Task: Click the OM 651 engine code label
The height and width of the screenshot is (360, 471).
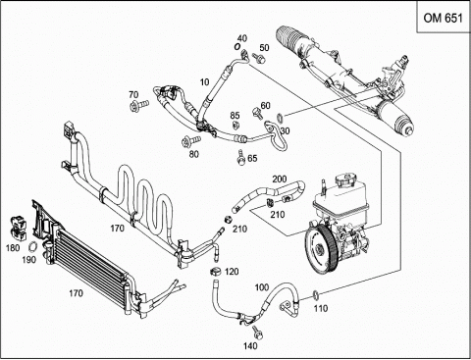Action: pos(444,18)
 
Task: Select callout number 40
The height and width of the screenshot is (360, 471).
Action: pos(242,38)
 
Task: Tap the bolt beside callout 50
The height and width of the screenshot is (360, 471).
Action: pos(259,58)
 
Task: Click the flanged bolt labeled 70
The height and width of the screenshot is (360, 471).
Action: pos(139,105)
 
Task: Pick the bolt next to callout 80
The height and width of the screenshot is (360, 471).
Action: pos(191,141)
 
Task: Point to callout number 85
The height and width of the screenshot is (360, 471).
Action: pos(235,116)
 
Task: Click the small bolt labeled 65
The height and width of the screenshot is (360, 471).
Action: pos(241,158)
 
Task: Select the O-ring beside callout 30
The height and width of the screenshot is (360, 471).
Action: pos(281,117)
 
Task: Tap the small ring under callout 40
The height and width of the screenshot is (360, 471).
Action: pos(237,47)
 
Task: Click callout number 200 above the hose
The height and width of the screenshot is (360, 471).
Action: pos(280,180)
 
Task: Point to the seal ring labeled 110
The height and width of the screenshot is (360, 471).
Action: pos(316,294)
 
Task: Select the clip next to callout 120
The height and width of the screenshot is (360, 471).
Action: pos(215,271)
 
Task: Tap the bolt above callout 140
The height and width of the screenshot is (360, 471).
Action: pos(258,333)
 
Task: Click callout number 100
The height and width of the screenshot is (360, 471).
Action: pos(262,287)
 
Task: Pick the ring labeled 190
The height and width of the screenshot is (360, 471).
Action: pos(32,246)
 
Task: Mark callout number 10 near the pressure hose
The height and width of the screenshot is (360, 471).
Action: pos(204,82)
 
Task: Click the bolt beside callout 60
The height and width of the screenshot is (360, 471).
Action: pos(256,113)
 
